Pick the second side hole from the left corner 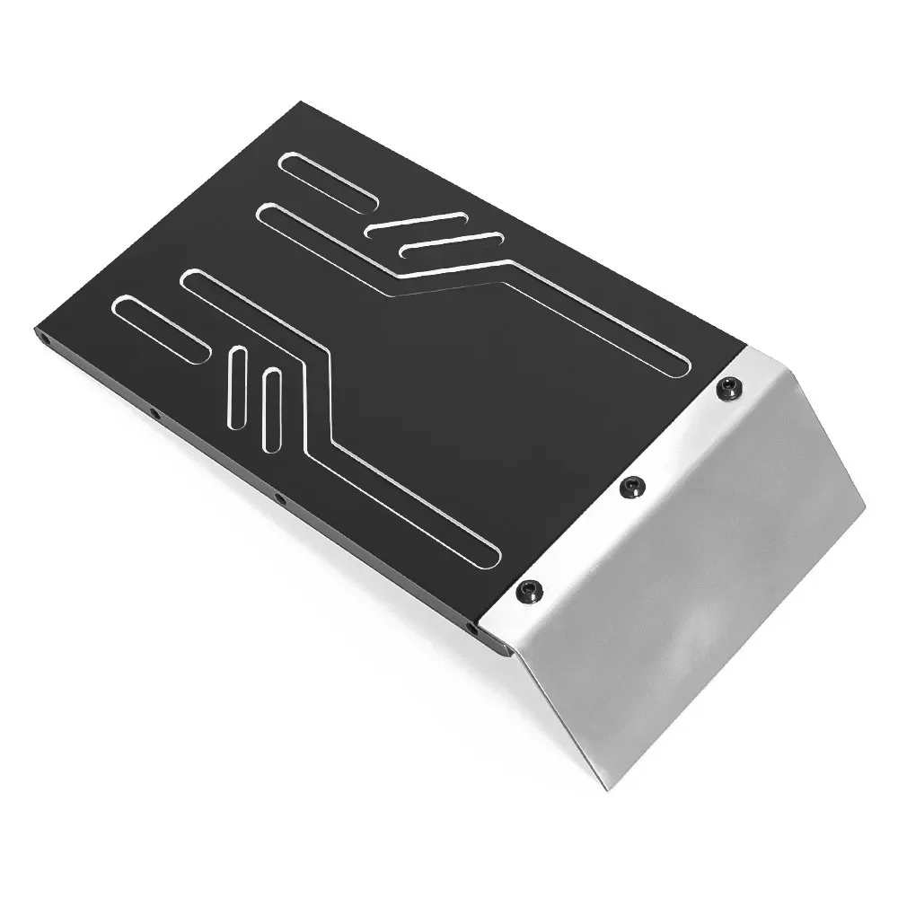tap(154, 414)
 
